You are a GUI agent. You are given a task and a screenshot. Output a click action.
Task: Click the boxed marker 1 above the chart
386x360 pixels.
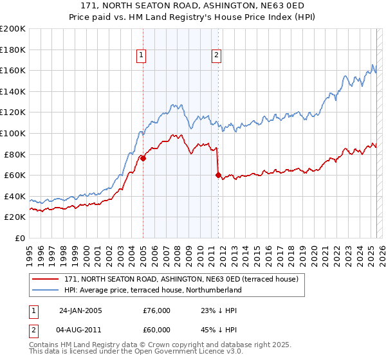coord(141,56)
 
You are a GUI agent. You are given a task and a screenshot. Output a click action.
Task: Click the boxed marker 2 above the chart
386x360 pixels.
coord(217,56)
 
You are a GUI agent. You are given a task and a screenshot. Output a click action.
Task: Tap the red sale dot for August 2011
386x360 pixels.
coord(218,175)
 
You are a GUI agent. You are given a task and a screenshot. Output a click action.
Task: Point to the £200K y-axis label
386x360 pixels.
coord(13,29)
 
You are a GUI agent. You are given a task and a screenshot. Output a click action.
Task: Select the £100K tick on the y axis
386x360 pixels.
coord(13,133)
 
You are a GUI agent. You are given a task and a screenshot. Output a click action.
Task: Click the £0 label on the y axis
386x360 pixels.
coord(21,238)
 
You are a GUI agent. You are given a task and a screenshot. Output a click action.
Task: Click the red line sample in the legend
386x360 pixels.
coord(46,280)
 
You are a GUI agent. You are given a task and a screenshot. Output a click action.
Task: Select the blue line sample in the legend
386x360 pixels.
coord(46,290)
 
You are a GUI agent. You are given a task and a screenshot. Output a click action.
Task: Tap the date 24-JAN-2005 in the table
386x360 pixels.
coord(80,310)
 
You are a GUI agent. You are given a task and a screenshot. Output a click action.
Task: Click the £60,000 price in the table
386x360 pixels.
coord(156,331)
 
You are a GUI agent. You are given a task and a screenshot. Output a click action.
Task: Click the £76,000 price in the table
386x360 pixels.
coord(156,310)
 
